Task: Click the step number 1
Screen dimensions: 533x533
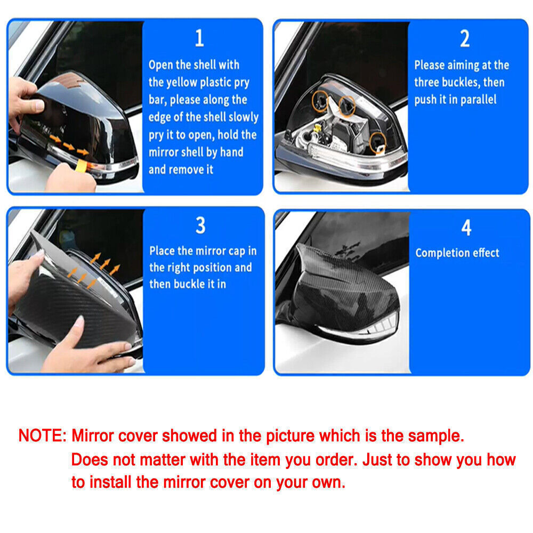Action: (x=199, y=38)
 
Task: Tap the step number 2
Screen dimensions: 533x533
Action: (x=465, y=38)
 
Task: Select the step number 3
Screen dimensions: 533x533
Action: (x=200, y=225)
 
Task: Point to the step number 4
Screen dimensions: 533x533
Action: (x=466, y=228)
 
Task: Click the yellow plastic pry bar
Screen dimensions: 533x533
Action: (x=82, y=166)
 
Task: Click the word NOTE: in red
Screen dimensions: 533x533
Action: (x=43, y=435)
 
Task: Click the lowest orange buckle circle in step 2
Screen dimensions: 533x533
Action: (x=378, y=142)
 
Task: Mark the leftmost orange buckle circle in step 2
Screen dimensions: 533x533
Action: (x=320, y=101)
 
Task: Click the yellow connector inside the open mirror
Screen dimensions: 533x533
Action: (x=317, y=129)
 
